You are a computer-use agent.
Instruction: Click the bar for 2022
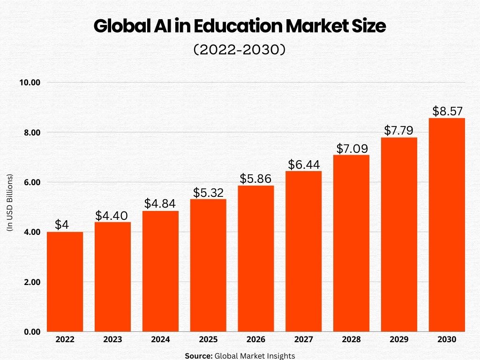tap(65, 282)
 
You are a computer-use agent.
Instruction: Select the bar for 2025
tap(208, 265)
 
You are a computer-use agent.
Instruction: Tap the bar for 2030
tap(447, 225)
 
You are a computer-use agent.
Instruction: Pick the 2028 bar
tap(352, 243)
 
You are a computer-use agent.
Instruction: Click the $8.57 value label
tap(447, 112)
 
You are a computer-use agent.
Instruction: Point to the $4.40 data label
tap(112, 216)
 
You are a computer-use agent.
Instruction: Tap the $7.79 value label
tap(399, 131)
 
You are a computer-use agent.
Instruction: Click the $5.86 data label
tap(256, 179)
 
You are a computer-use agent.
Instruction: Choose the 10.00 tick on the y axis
tap(30, 82)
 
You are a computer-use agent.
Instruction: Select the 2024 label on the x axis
tap(160, 339)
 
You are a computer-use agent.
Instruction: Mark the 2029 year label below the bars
tap(399, 339)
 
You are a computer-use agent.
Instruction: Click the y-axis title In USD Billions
tap(10, 202)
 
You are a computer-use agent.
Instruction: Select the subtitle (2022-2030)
tap(240, 50)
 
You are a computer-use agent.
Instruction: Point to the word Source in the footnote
tap(198, 356)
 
